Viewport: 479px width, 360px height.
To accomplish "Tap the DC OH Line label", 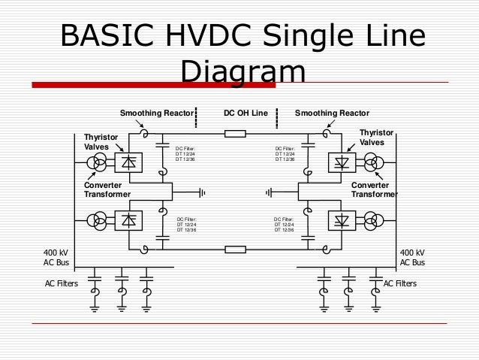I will (x=246, y=113).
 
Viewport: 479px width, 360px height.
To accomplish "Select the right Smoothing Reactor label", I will (x=332, y=113).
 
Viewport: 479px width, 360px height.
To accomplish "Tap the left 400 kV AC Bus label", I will (x=58, y=258).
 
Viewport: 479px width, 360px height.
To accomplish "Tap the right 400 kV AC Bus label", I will (x=412, y=258).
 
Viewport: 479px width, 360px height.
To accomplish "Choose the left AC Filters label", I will (x=62, y=283).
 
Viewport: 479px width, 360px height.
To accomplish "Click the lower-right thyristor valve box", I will (x=343, y=220).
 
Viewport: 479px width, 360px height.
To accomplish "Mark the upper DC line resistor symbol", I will (x=236, y=135).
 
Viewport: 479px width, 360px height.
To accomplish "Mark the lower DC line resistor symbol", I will (x=236, y=248).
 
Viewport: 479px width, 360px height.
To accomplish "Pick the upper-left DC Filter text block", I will (x=185, y=154).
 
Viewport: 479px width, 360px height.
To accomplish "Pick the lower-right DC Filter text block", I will (x=285, y=224).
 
